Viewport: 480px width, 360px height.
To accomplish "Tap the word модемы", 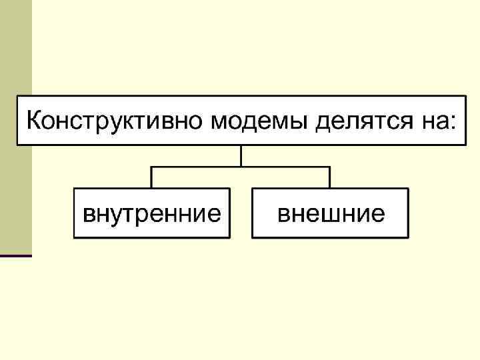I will point(259,121).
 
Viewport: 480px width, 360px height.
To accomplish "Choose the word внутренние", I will point(151,214).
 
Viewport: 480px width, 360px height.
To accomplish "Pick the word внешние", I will point(331,214).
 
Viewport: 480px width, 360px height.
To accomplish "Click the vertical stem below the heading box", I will point(241,155).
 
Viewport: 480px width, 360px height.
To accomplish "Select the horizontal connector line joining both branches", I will point(200,167).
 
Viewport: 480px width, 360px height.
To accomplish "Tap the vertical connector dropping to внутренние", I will point(151,177).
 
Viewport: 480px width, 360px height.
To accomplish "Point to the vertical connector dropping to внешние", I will point(329,177).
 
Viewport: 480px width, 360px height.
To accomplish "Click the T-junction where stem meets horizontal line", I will point(241,167).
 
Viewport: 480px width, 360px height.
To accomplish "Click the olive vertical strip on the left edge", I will point(15,133).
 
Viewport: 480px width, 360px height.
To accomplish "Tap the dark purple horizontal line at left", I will point(15,255).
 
